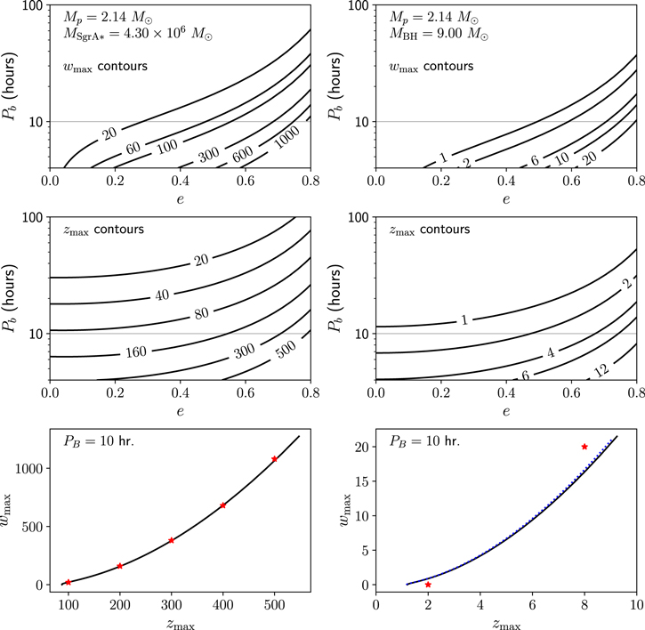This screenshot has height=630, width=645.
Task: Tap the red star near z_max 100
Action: tap(68, 582)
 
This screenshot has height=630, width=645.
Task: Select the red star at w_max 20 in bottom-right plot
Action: tap(585, 447)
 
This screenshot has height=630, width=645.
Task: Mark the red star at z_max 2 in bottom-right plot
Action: tap(429, 585)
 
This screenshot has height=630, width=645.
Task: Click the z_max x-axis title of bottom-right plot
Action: tap(506, 621)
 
